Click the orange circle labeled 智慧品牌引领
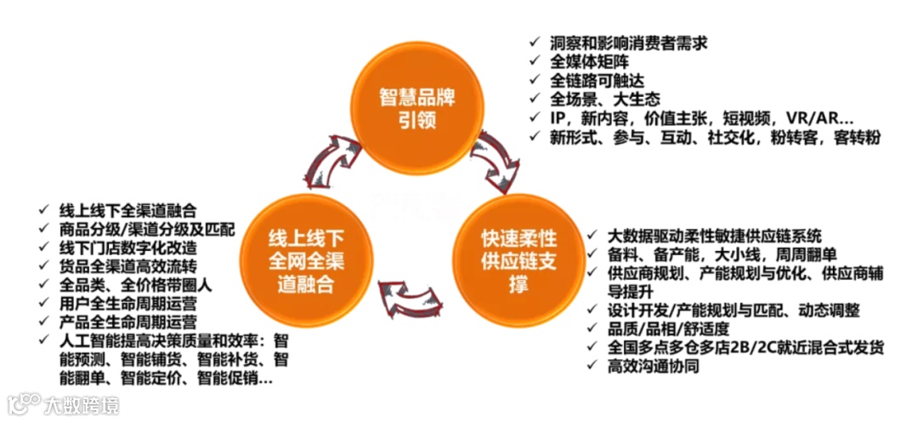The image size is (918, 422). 416,107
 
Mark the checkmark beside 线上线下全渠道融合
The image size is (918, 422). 44,211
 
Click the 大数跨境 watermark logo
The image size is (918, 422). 64,403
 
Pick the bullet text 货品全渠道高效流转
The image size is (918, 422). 127,266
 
